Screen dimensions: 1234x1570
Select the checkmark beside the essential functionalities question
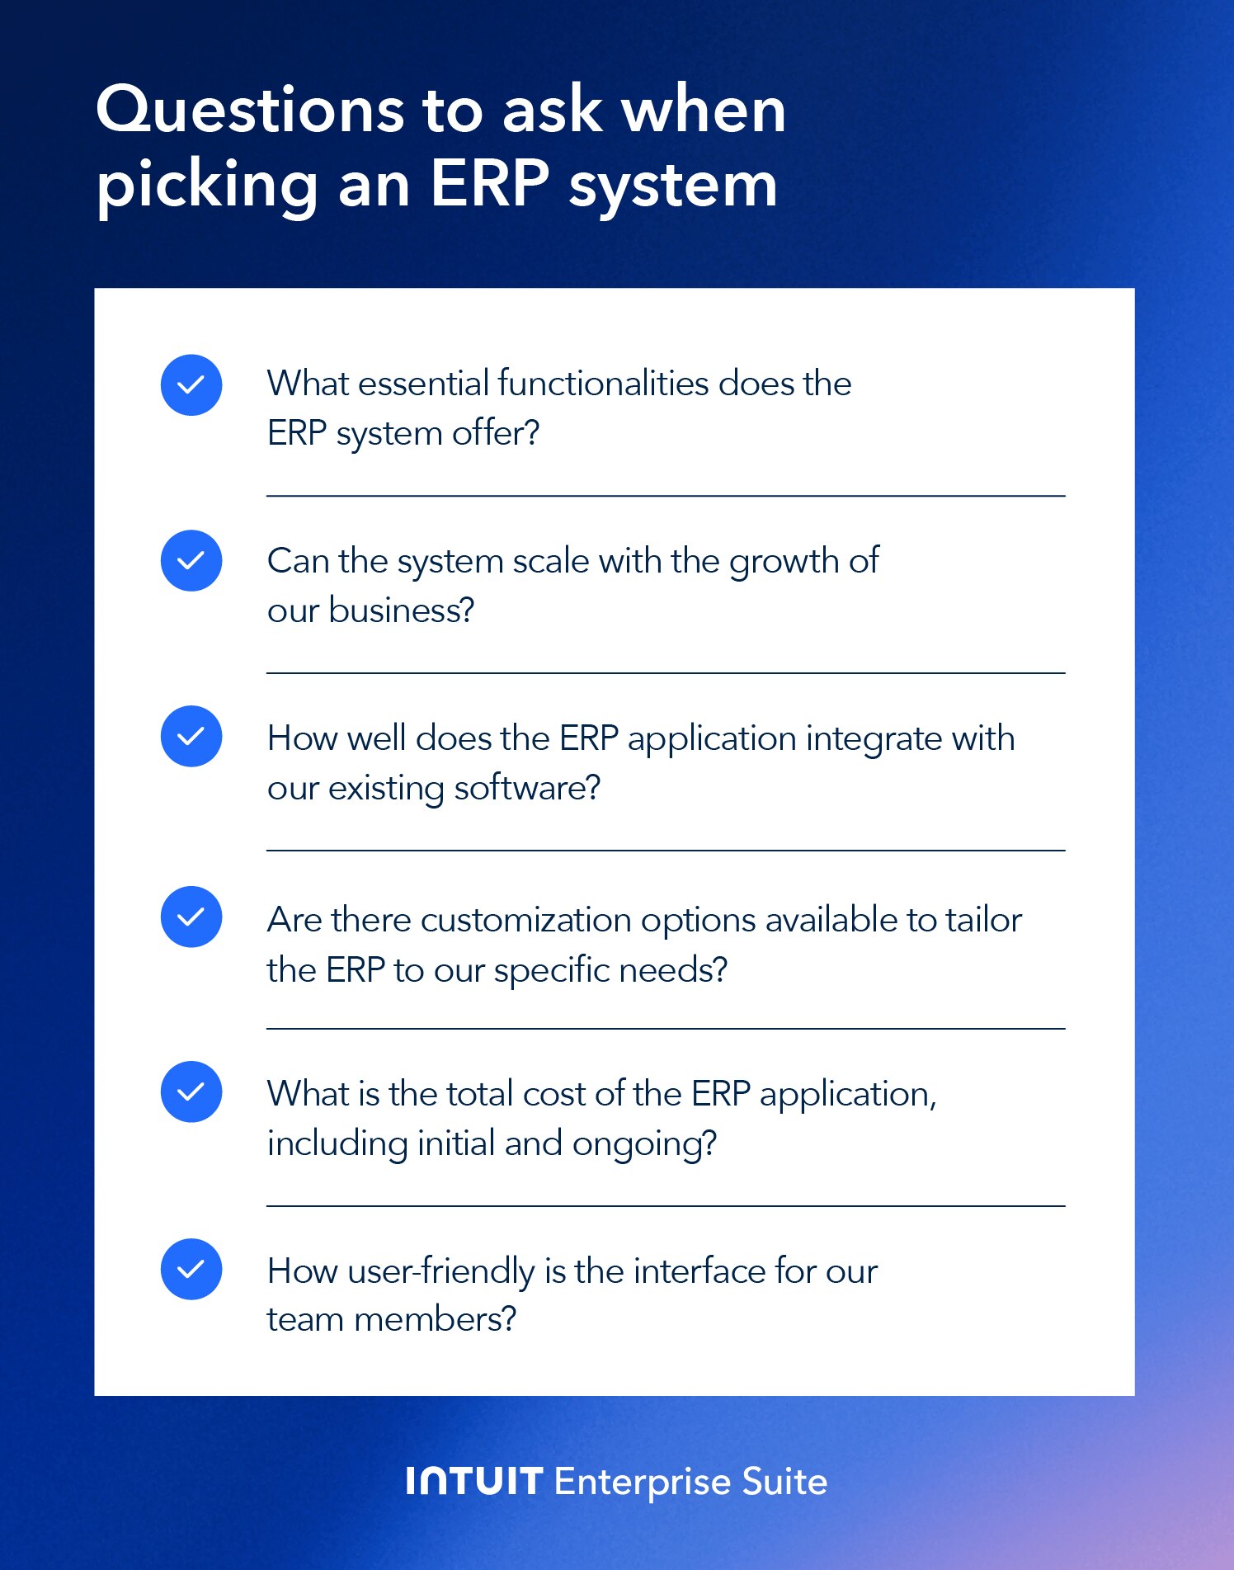191,385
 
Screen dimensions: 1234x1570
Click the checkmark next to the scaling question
191,561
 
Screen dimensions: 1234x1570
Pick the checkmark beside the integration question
191,737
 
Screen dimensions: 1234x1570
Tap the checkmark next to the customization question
191,917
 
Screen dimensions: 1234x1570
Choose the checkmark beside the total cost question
191,1092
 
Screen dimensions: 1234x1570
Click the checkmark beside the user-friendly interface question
191,1270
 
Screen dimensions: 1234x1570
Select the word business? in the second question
402,611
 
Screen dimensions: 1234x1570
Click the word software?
527,788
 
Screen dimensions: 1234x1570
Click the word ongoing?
644,1145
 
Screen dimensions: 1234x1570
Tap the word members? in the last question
435,1319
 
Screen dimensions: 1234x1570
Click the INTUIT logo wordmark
474,1482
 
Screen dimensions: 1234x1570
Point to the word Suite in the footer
784,1482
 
